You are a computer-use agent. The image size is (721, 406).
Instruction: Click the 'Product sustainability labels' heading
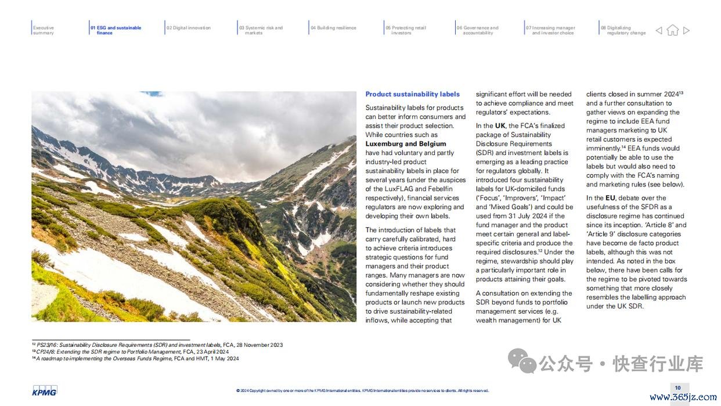412,94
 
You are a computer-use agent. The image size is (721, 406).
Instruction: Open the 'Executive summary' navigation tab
44,30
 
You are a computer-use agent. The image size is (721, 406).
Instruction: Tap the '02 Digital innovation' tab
189,28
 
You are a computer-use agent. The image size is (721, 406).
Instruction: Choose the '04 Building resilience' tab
333,28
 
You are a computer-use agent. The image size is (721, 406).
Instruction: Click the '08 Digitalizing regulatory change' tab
623,30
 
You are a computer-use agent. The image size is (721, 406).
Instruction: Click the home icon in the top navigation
672,30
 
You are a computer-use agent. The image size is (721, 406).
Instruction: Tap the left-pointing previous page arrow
659,30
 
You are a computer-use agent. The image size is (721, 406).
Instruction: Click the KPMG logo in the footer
45,390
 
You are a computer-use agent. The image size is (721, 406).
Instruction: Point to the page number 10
677,387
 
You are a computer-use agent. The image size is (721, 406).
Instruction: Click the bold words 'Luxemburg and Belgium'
406,144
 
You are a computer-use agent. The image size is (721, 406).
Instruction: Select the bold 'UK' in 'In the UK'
500,125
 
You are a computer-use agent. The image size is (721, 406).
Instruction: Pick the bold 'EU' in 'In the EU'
610,198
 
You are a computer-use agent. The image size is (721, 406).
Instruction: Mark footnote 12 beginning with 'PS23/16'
157,345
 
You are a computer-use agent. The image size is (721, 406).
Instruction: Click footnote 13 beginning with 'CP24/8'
130,352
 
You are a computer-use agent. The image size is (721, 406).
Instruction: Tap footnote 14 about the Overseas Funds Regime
135,359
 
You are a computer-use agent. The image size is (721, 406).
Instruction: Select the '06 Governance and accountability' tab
477,30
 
